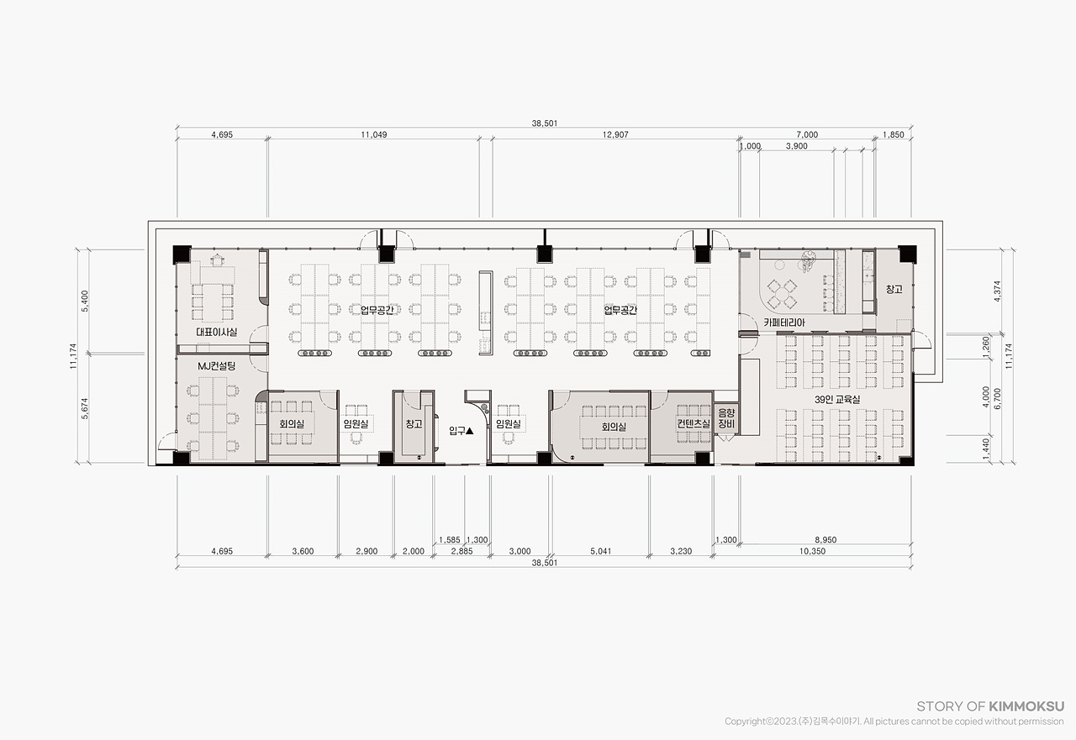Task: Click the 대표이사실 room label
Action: point(217,332)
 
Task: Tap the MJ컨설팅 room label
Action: point(217,367)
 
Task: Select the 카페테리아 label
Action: point(784,323)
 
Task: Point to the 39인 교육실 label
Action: point(837,399)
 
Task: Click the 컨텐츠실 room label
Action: point(694,423)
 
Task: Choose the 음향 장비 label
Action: point(726,418)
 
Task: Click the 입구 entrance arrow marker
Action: point(469,431)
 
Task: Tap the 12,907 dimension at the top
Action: point(615,135)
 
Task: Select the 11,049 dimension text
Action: point(374,135)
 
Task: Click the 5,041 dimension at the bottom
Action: point(601,551)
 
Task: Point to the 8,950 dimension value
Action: point(825,540)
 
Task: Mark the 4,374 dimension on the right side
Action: point(997,291)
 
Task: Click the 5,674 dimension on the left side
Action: point(85,409)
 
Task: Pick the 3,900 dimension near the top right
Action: point(796,146)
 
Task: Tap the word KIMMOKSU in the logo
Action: point(1026,706)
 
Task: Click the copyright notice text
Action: point(894,722)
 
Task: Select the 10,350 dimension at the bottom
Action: point(812,551)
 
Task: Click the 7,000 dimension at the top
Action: point(807,135)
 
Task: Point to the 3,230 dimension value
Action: point(681,551)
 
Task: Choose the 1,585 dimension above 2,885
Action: point(450,540)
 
